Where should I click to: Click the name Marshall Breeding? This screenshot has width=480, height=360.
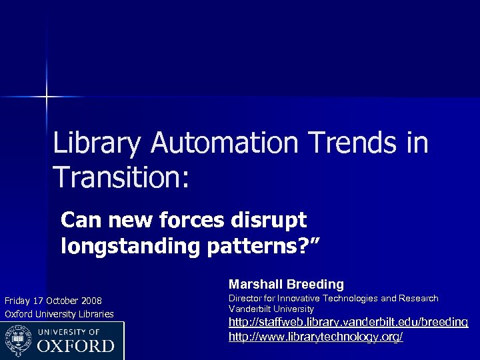tap(286, 285)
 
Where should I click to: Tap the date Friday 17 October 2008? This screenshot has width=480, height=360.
tap(53, 301)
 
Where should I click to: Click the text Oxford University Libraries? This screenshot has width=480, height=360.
tap(59, 314)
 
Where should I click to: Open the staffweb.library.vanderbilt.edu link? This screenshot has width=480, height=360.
tap(348, 323)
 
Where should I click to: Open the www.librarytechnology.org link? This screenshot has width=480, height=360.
tap(315, 337)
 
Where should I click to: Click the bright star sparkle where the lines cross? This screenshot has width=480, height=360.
tap(47, 97)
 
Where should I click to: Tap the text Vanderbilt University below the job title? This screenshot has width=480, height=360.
tap(271, 309)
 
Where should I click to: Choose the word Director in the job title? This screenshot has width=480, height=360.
tap(245, 299)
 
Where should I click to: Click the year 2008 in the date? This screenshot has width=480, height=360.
tap(91, 301)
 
